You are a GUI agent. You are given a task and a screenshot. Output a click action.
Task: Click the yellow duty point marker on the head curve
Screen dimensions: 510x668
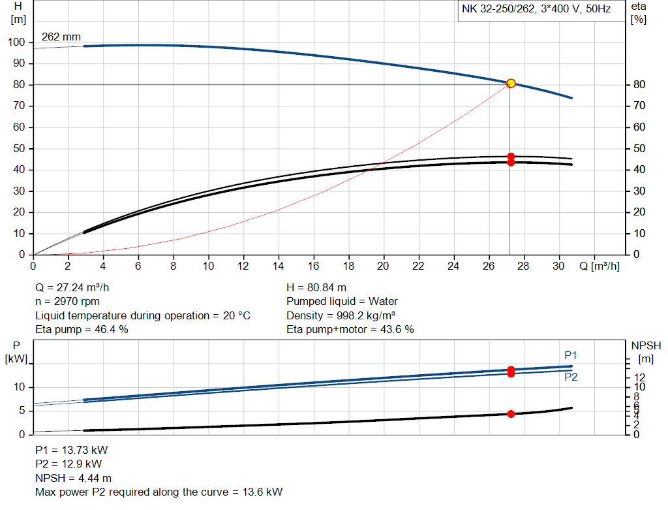511,83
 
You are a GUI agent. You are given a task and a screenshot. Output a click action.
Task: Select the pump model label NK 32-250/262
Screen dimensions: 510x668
499,10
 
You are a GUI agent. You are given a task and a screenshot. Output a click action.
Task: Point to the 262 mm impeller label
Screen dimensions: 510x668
61,37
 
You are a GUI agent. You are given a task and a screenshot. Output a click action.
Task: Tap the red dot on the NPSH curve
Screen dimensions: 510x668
511,414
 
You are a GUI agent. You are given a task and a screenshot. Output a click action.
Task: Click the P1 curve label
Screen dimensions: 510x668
571,355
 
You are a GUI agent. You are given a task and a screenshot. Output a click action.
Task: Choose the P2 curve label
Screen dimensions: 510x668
571,377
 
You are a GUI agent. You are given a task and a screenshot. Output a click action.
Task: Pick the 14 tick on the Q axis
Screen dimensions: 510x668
279,266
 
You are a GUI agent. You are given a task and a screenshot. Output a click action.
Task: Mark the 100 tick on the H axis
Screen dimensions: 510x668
16,42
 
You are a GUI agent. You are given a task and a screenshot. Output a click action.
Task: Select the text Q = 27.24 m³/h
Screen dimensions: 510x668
77,287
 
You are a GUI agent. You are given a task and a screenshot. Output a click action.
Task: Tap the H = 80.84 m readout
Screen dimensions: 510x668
316,287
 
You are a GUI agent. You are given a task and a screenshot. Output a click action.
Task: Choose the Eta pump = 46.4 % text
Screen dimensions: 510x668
82,330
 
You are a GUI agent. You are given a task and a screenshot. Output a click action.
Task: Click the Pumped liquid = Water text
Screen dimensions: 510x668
342,302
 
